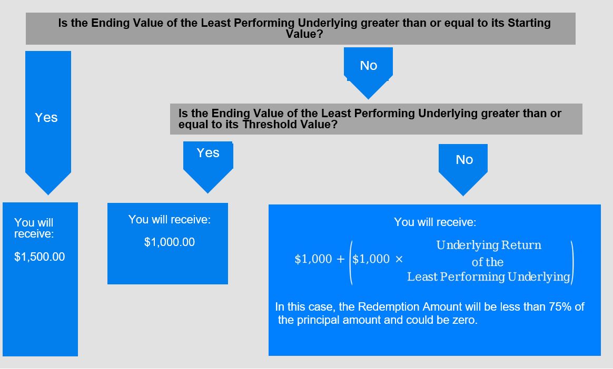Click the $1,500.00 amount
point(39,257)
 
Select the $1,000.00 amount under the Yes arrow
point(169,242)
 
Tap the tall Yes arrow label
point(46,117)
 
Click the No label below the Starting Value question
point(369,65)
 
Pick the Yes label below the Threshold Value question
point(208,152)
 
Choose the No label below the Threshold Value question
point(464,160)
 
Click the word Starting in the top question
point(529,23)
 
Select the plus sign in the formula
point(340,259)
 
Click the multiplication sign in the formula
point(399,259)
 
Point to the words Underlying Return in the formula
point(489,245)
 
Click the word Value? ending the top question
point(304,34)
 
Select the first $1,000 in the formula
point(313,259)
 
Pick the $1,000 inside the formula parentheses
point(371,259)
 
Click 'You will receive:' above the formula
point(434,222)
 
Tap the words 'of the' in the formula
point(488,262)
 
